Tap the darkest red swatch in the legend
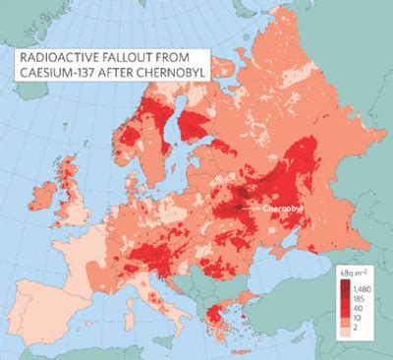[334, 286]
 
